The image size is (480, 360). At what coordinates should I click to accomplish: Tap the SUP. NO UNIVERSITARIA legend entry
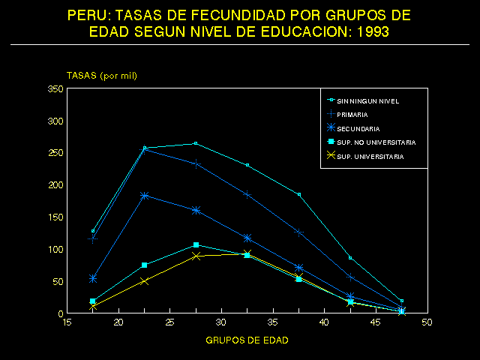376,142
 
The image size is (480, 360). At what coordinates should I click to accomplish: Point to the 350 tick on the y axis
54,89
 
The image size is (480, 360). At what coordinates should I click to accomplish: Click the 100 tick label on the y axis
54,250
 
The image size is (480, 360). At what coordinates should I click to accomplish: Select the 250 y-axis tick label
54,153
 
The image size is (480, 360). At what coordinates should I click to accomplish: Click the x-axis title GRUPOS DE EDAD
247,340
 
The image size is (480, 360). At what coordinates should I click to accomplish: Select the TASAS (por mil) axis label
102,76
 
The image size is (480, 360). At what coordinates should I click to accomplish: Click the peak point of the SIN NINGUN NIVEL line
196,143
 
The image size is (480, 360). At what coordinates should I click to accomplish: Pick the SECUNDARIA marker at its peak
144,196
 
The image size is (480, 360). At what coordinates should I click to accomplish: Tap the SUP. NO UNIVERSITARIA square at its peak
196,244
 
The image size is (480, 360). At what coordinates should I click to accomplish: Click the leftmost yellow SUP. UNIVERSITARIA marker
93,307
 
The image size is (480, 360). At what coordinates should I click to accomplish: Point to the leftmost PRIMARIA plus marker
93,238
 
